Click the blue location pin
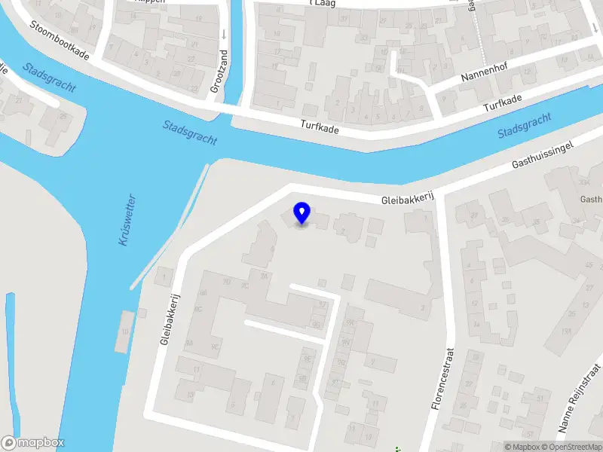tap(301, 213)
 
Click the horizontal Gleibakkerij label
tap(409, 198)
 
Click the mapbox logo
tap(33, 443)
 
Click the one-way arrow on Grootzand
tap(224, 35)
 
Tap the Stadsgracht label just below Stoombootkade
tap(49, 77)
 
